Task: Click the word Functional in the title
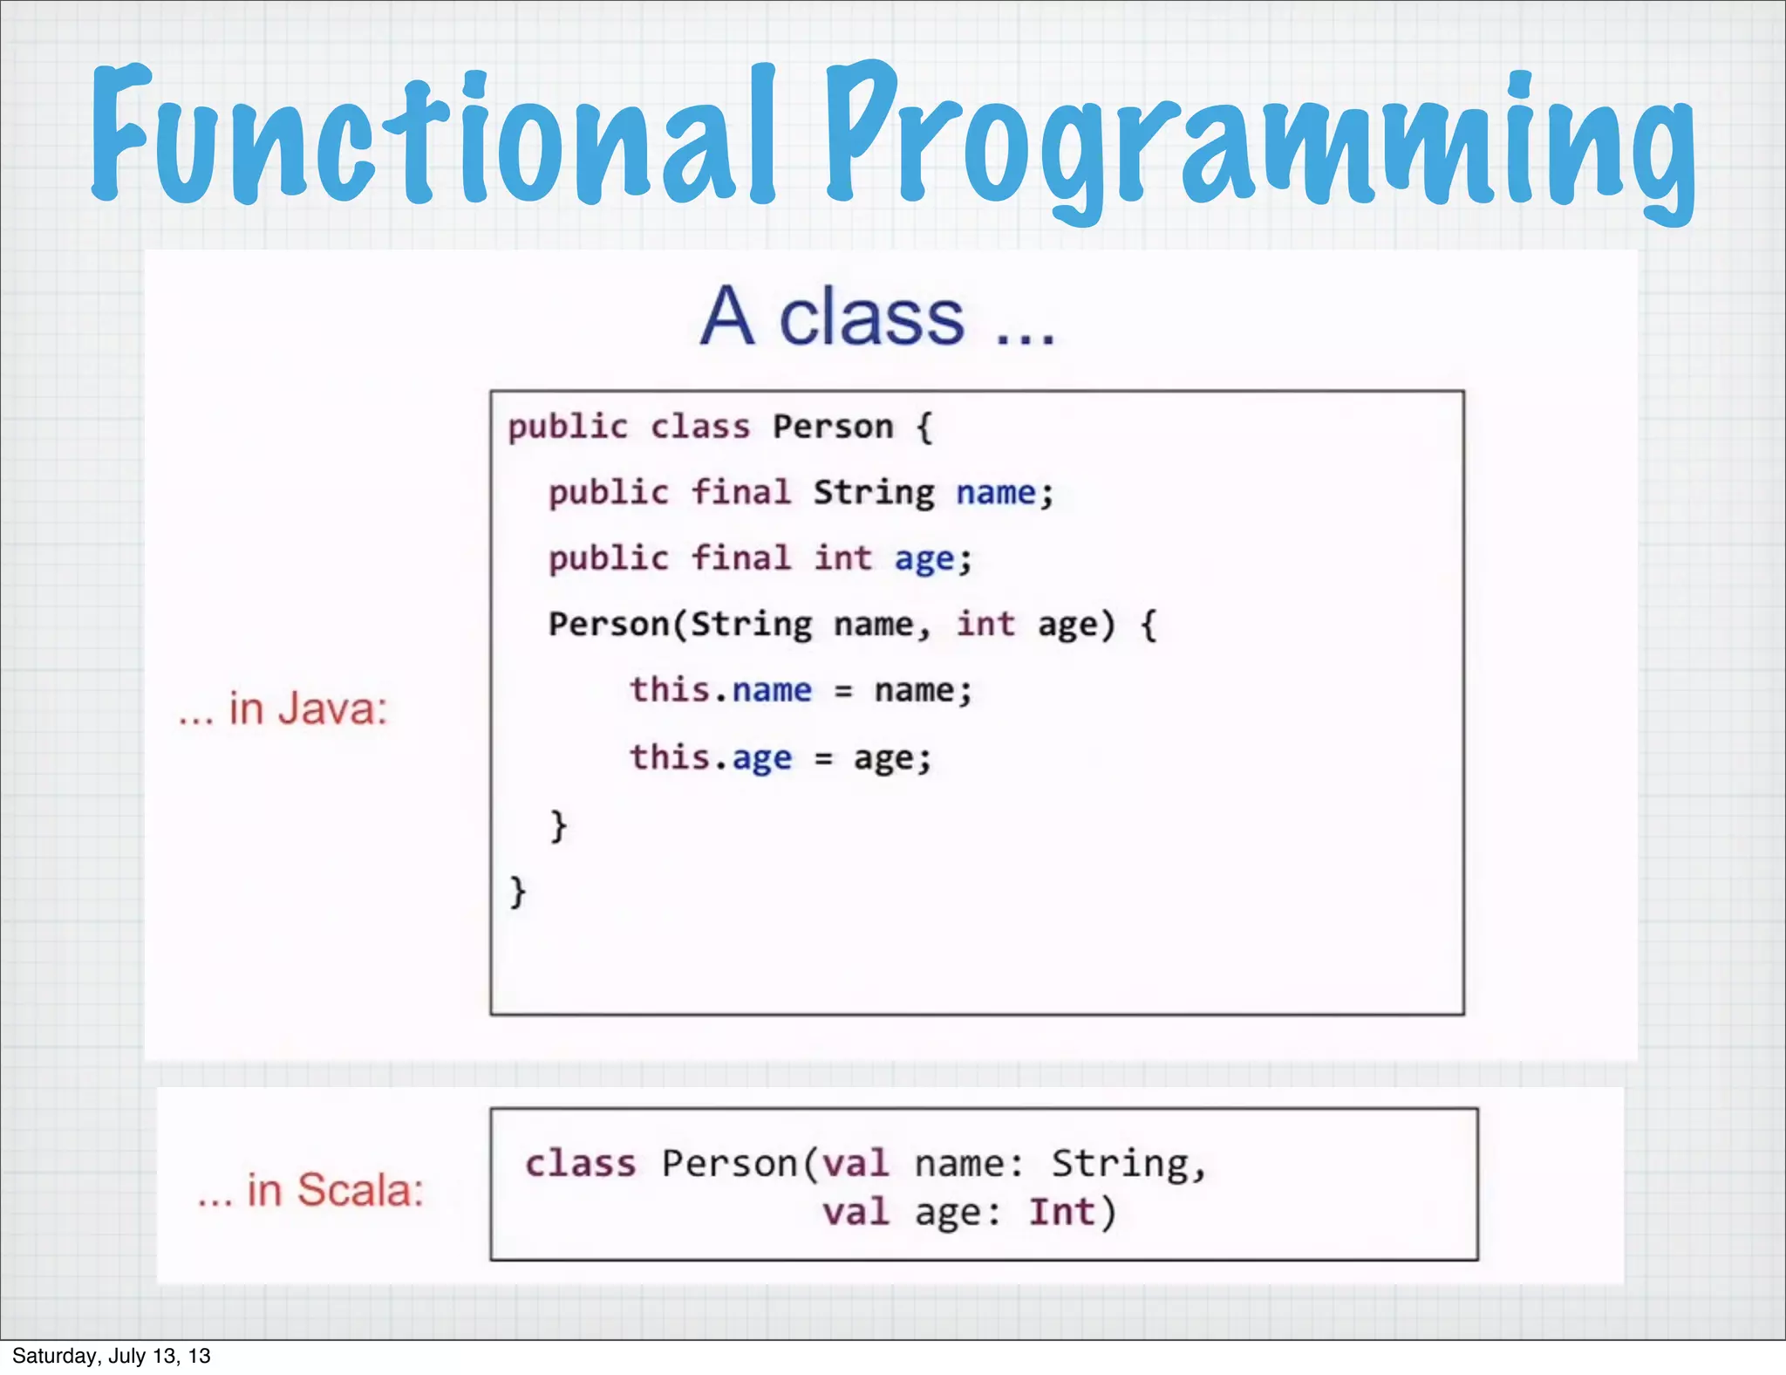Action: point(432,135)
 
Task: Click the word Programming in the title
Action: point(1260,140)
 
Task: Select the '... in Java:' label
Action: point(283,708)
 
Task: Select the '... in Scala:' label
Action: point(310,1190)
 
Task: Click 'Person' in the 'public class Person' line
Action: point(833,428)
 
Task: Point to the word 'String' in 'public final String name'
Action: point(874,494)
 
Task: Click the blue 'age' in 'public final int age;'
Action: point(924,559)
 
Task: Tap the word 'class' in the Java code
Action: point(700,428)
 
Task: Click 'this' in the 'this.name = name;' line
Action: point(670,690)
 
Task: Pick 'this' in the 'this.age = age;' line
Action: point(670,757)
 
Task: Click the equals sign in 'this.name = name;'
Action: point(843,692)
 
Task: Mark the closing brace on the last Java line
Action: point(518,892)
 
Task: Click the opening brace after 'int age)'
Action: point(1149,625)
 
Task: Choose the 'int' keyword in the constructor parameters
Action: point(985,625)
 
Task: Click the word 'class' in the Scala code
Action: point(581,1164)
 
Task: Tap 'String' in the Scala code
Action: point(1121,1164)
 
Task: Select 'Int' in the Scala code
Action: point(1061,1213)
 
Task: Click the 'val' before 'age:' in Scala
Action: point(856,1213)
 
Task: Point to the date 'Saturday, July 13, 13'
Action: point(112,1356)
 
